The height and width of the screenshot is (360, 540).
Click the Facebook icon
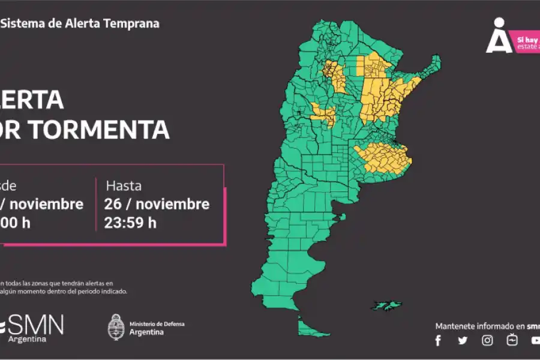(x=438, y=340)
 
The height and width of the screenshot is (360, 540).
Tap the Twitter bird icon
(x=463, y=340)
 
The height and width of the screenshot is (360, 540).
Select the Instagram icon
(x=488, y=340)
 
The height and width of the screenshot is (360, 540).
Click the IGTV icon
(x=512, y=340)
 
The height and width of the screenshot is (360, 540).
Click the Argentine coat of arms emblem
(x=116, y=328)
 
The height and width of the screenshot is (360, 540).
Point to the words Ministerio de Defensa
(x=157, y=324)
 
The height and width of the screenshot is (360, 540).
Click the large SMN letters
(x=36, y=325)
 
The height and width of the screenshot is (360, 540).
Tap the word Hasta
(x=124, y=185)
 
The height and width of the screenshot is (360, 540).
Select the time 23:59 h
(x=130, y=223)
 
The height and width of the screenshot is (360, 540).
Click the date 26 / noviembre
(x=157, y=204)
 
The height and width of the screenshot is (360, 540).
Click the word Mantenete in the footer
(x=455, y=326)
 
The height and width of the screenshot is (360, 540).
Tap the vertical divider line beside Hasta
(x=96, y=204)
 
